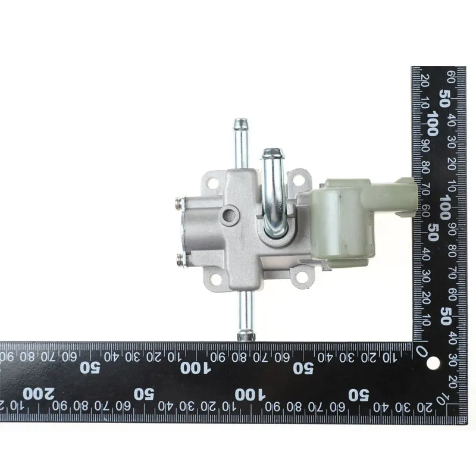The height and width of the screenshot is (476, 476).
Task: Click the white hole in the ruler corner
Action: [433, 364]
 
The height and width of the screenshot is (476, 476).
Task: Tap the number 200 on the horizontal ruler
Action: [39, 394]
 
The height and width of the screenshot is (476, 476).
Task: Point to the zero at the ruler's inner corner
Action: [422, 352]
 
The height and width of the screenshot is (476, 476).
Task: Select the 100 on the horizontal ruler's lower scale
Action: [250, 395]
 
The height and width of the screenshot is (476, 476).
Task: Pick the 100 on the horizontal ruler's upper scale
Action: [195, 368]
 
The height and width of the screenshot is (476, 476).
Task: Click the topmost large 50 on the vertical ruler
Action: [444, 98]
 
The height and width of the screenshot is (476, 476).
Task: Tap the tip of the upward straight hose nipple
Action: [240, 120]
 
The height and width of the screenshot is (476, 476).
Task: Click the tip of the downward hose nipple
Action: [246, 339]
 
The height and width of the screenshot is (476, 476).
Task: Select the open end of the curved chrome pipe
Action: [273, 152]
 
